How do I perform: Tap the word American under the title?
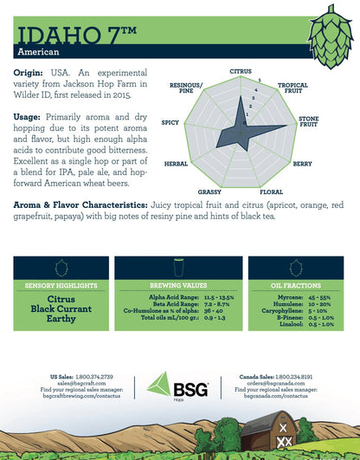point(35,53)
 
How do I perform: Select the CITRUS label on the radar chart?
point(241,71)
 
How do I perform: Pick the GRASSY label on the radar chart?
point(209,191)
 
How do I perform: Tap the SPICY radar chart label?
point(170,123)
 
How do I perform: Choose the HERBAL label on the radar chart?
point(176,164)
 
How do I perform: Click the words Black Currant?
point(61,308)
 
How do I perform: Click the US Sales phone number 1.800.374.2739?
point(99,377)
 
